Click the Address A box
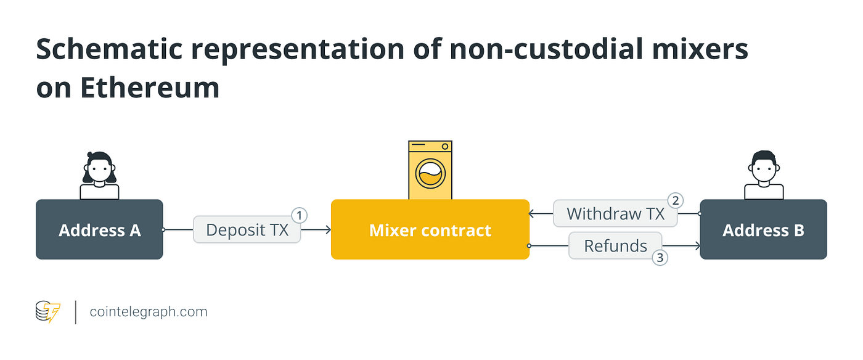point(99,230)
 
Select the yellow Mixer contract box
point(430,230)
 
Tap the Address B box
point(763,230)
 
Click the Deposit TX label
point(247,230)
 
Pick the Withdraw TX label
point(615,214)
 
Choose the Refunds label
point(615,246)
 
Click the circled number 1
point(299,216)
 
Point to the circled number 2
point(676,200)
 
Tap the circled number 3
point(660,258)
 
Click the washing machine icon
point(430,170)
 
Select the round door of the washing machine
point(430,174)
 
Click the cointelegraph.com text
point(149,312)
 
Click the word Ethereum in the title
point(150,88)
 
